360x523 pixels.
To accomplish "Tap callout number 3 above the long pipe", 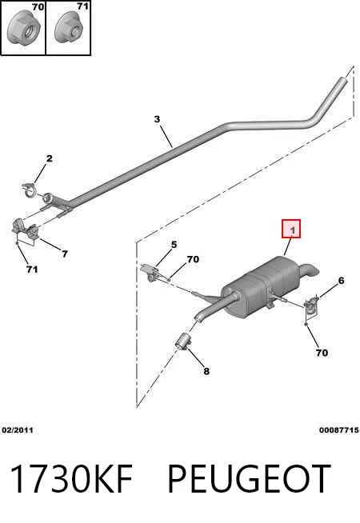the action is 157,118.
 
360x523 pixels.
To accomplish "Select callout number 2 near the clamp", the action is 50,158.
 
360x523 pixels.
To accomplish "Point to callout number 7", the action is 65,254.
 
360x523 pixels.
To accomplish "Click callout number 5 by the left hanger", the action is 174,245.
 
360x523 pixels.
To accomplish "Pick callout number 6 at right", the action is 341,281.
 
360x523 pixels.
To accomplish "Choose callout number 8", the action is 206,371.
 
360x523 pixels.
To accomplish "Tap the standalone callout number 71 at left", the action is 32,269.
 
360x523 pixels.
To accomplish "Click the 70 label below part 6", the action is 322,353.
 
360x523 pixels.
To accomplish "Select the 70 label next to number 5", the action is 193,259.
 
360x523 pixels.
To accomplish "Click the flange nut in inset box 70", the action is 23,28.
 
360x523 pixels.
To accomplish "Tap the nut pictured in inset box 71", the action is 69,28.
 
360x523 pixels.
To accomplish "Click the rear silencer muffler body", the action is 259,288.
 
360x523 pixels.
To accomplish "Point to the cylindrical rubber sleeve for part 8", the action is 183,341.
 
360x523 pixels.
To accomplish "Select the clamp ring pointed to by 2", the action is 30,190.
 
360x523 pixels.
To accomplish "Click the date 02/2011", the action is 18,430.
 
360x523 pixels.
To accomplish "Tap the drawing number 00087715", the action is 339,430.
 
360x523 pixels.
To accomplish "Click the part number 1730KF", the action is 71,479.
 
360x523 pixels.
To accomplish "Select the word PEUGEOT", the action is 249,479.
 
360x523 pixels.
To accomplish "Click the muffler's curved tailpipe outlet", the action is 309,269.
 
